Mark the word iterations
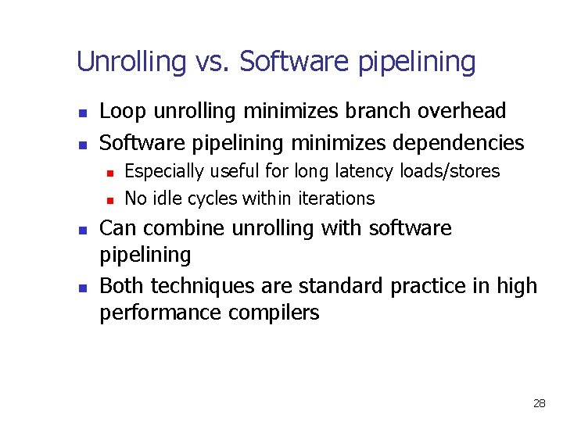(341, 198)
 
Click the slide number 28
(539, 404)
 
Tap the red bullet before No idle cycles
(111, 200)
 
